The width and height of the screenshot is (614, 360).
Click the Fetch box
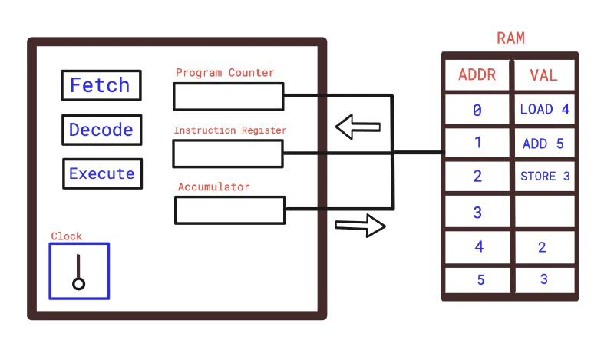(101, 85)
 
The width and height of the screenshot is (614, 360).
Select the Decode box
(101, 130)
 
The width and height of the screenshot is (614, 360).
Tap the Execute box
(102, 173)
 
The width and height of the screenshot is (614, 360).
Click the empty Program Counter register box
(228, 97)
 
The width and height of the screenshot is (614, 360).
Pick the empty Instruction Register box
(228, 154)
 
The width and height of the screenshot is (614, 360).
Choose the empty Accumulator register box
(229, 210)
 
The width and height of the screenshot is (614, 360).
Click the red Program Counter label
(225, 73)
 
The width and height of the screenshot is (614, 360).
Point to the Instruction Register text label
(229, 130)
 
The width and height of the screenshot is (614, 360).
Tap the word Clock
(66, 236)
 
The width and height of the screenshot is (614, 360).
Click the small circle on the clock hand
(78, 284)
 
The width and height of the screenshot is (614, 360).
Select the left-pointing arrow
(358, 127)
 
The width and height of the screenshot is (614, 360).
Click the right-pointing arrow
(360, 226)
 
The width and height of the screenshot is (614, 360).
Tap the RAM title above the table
(511, 38)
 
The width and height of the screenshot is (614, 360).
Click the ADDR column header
(477, 75)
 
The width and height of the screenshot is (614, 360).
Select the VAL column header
(543, 75)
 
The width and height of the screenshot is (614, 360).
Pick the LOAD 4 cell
(544, 109)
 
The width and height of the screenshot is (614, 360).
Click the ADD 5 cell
(543, 144)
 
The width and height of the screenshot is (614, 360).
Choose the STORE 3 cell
(544, 177)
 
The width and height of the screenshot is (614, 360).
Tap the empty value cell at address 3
(544, 211)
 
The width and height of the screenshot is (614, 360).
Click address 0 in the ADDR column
(477, 111)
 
